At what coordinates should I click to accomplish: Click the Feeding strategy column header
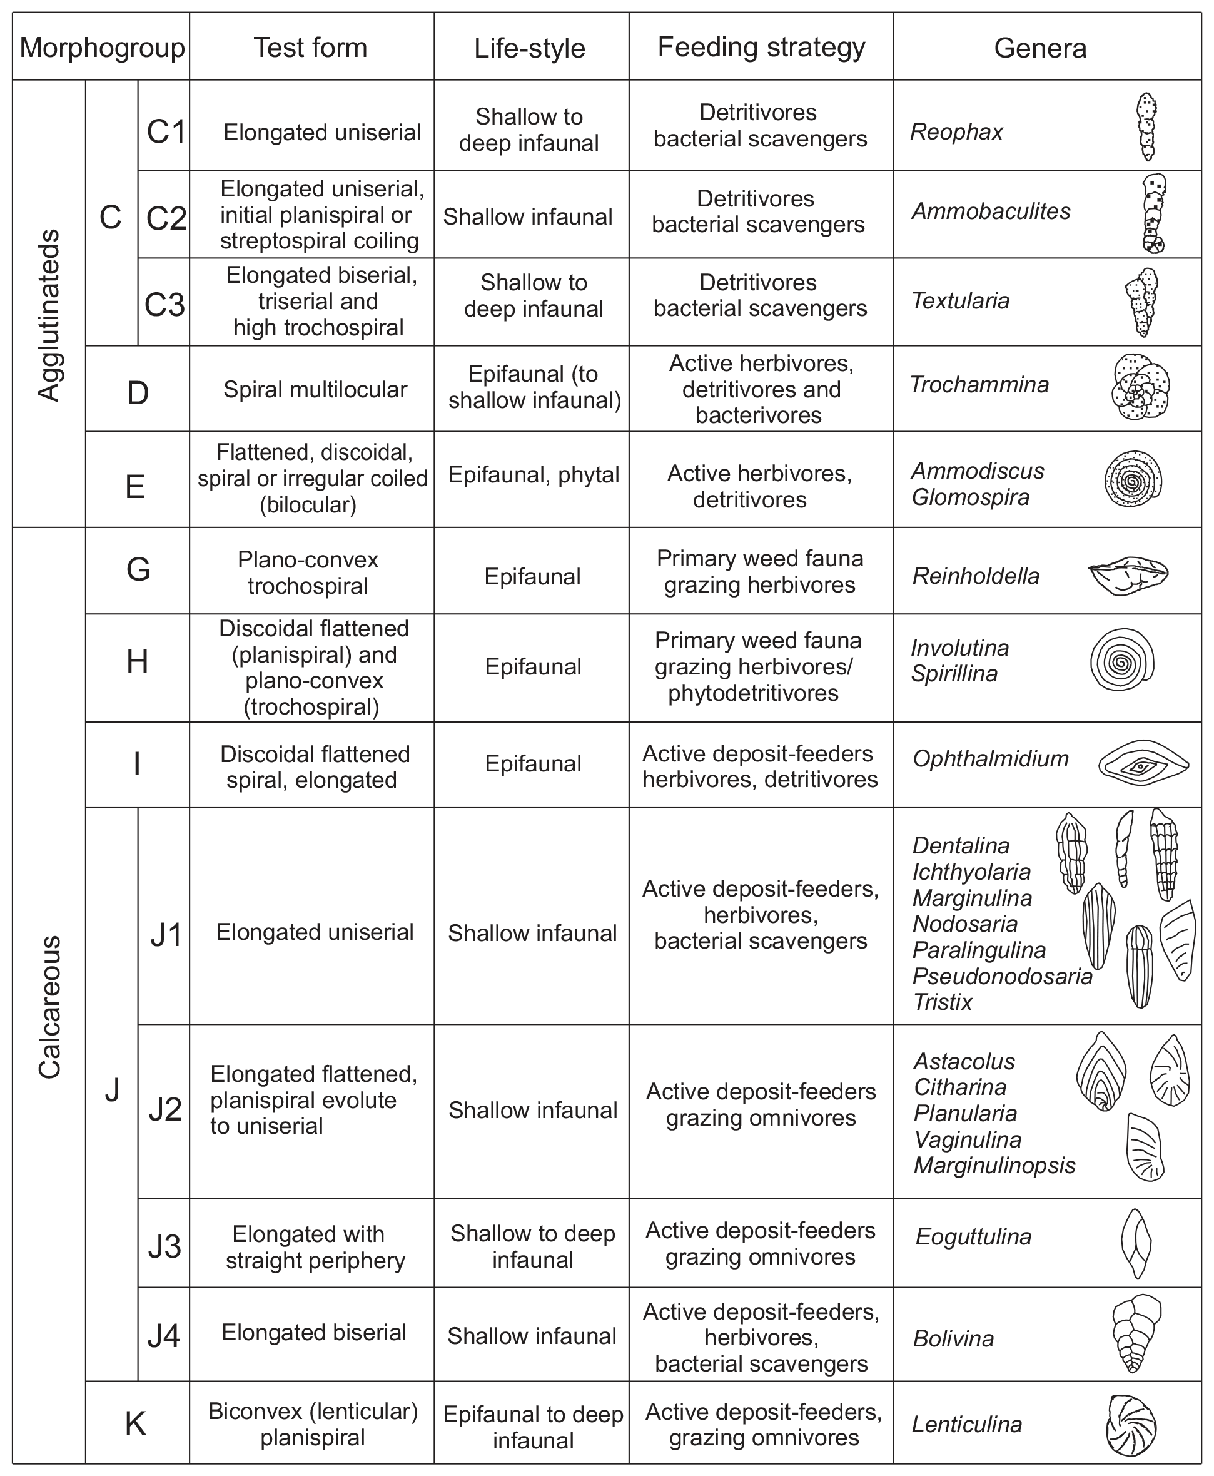coord(761,48)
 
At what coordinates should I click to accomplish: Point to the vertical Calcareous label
coord(49,1007)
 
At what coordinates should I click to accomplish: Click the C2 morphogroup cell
coord(166,218)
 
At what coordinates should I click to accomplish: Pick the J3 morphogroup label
coord(164,1246)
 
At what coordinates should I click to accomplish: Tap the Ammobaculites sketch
coord(1153,213)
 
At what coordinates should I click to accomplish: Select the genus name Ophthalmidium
coord(990,758)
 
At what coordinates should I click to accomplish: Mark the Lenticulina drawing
coord(1131,1425)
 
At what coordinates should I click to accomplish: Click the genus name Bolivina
coord(953,1338)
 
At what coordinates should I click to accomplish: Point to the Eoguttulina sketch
coord(1136,1243)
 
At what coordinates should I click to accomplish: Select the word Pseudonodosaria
coord(1002,976)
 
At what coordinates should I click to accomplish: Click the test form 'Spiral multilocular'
coord(315,390)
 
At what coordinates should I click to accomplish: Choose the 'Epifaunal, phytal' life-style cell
coord(533,475)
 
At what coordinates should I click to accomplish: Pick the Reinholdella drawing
coord(1128,575)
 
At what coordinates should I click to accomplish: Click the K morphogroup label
coord(136,1423)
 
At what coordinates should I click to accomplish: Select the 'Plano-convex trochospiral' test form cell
coord(308,573)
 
